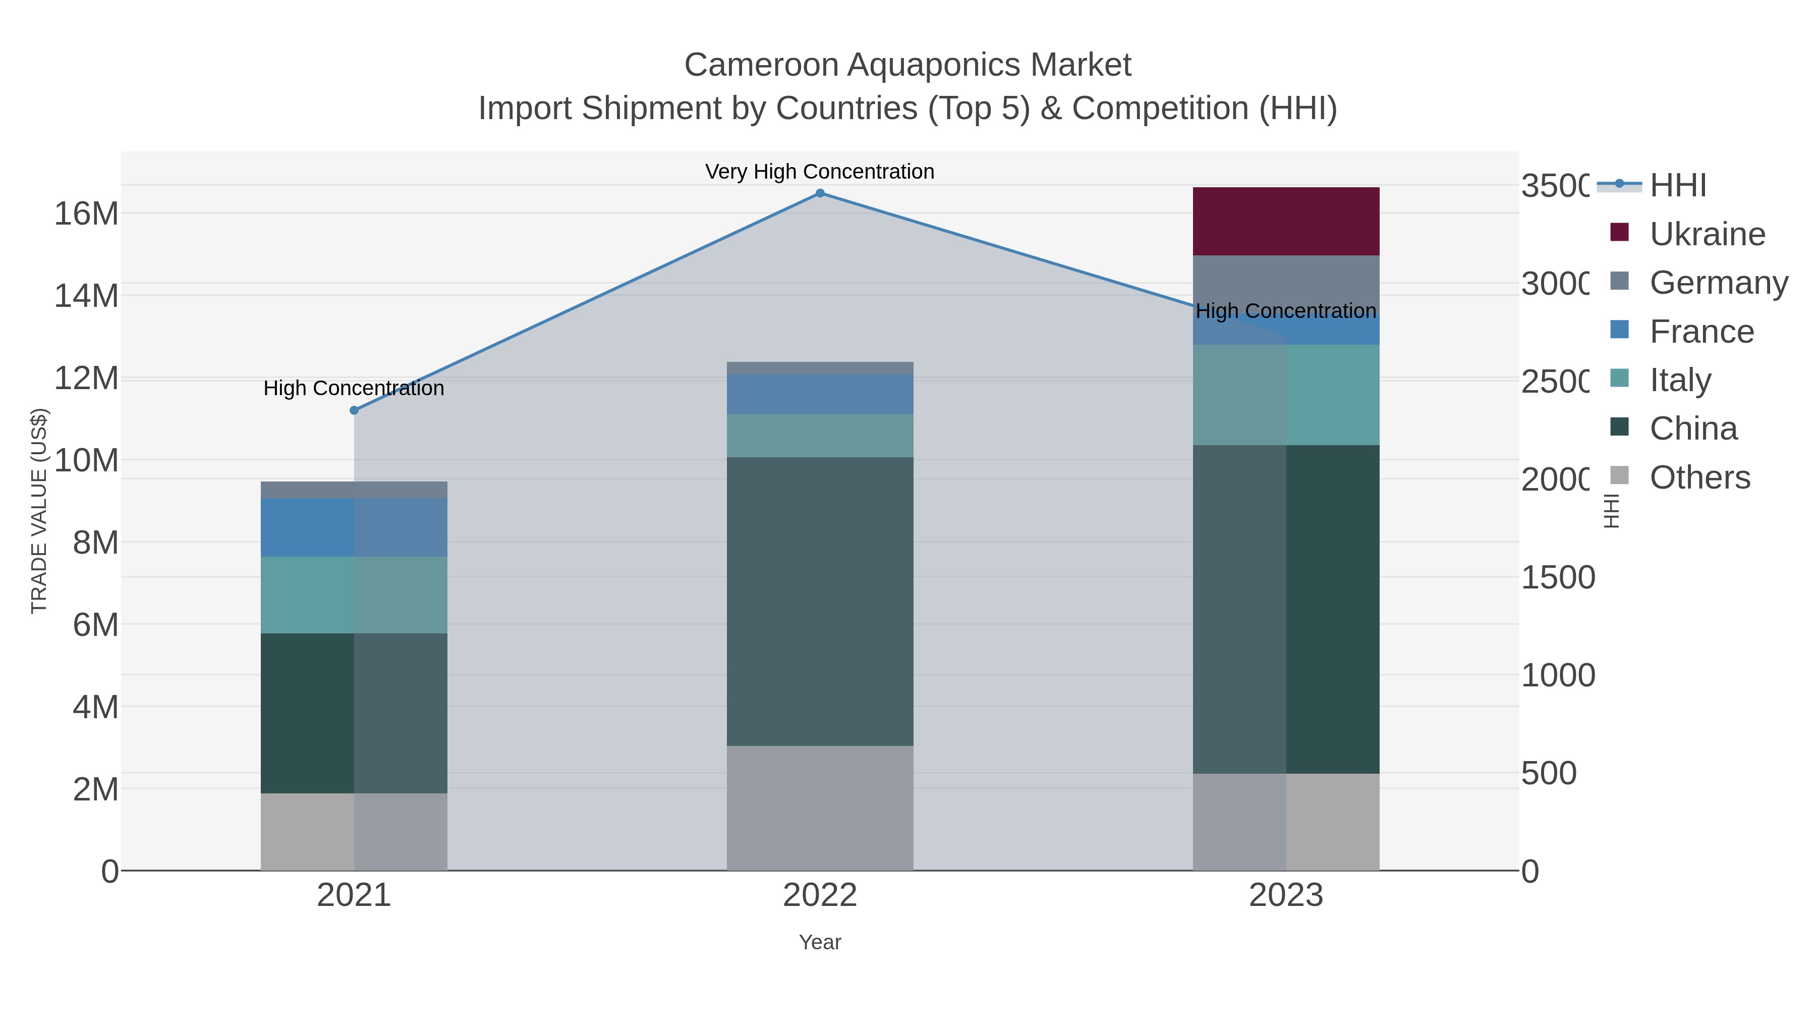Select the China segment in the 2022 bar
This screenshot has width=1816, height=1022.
[x=819, y=601]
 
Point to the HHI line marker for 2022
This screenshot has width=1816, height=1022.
[x=819, y=193]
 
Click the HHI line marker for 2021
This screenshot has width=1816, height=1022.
[x=354, y=410]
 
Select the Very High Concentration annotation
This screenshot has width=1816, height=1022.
[x=819, y=172]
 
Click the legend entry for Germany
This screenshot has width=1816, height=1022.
[x=1718, y=283]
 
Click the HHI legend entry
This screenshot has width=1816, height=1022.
[x=1677, y=186]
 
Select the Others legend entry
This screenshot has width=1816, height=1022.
[x=1699, y=477]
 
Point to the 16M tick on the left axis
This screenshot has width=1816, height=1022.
[x=86, y=213]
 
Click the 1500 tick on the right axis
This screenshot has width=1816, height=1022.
[x=1557, y=577]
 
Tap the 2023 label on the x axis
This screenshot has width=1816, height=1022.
[x=1285, y=895]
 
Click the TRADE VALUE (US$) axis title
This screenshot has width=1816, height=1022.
[x=39, y=511]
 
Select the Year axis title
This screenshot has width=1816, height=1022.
[x=819, y=942]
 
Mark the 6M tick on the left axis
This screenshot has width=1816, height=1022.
[x=95, y=624]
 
